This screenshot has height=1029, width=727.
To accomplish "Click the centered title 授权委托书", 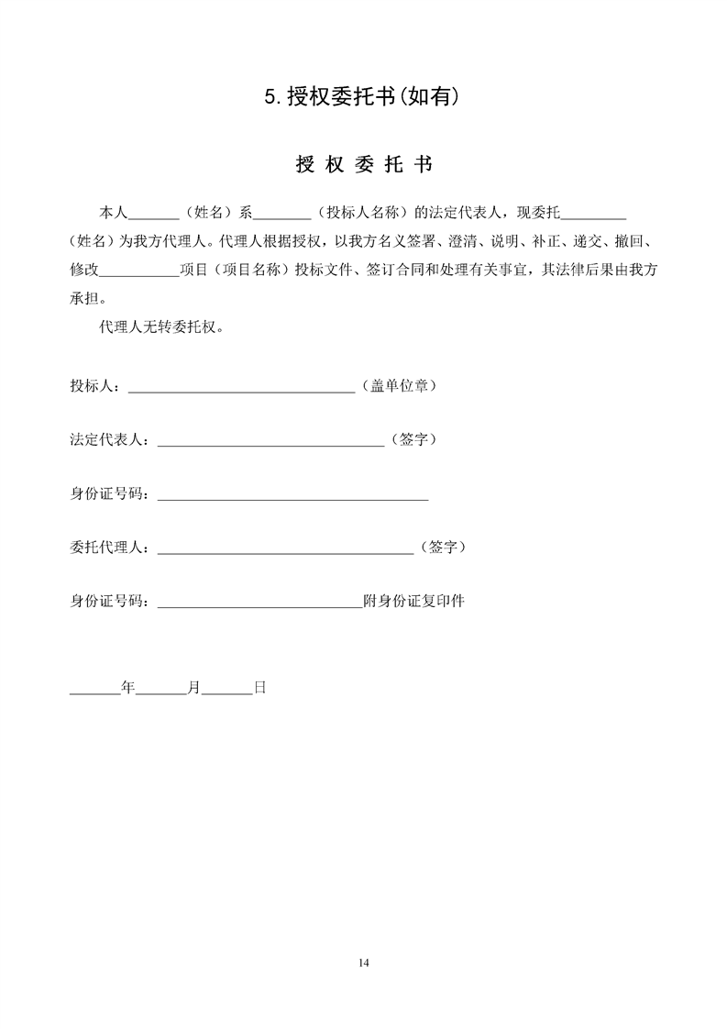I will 364,165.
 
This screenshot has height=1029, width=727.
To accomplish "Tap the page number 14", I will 363,962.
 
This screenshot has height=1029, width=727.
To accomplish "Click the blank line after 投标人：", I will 241,389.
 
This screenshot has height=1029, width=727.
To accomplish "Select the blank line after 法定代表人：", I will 270,443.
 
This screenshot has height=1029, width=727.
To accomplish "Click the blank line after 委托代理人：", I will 285,550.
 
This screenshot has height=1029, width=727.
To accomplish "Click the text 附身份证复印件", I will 414,602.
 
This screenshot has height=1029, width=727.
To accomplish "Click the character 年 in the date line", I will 128,686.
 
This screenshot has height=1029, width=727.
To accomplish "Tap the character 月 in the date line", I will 193,686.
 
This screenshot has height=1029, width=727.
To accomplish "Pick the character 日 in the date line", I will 259,686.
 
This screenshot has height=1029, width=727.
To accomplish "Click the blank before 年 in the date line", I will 95,690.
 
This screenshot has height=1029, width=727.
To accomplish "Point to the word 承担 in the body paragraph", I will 84,298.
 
